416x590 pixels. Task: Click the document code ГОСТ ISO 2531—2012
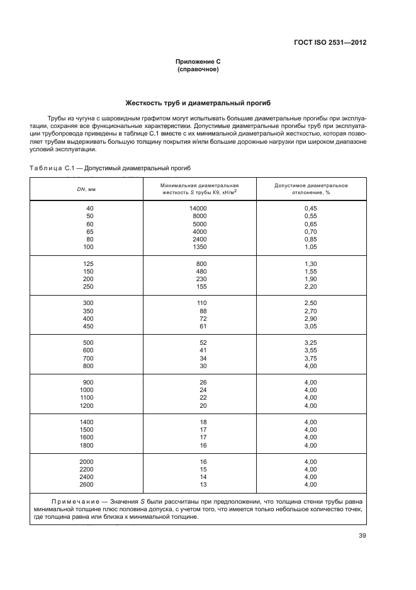click(x=330, y=43)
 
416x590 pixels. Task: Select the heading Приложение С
click(x=198, y=62)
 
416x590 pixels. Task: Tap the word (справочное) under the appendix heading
click(x=198, y=69)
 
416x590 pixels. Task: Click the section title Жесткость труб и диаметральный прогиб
click(x=198, y=103)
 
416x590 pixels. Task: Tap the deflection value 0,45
click(x=310, y=208)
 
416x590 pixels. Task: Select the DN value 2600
click(x=86, y=484)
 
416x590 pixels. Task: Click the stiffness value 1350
click(x=200, y=246)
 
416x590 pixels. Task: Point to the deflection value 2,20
click(x=310, y=286)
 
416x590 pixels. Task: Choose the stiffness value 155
click(x=201, y=286)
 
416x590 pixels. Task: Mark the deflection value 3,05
click(x=310, y=326)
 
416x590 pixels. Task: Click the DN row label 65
click(x=89, y=231)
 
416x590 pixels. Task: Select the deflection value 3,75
click(x=310, y=358)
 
